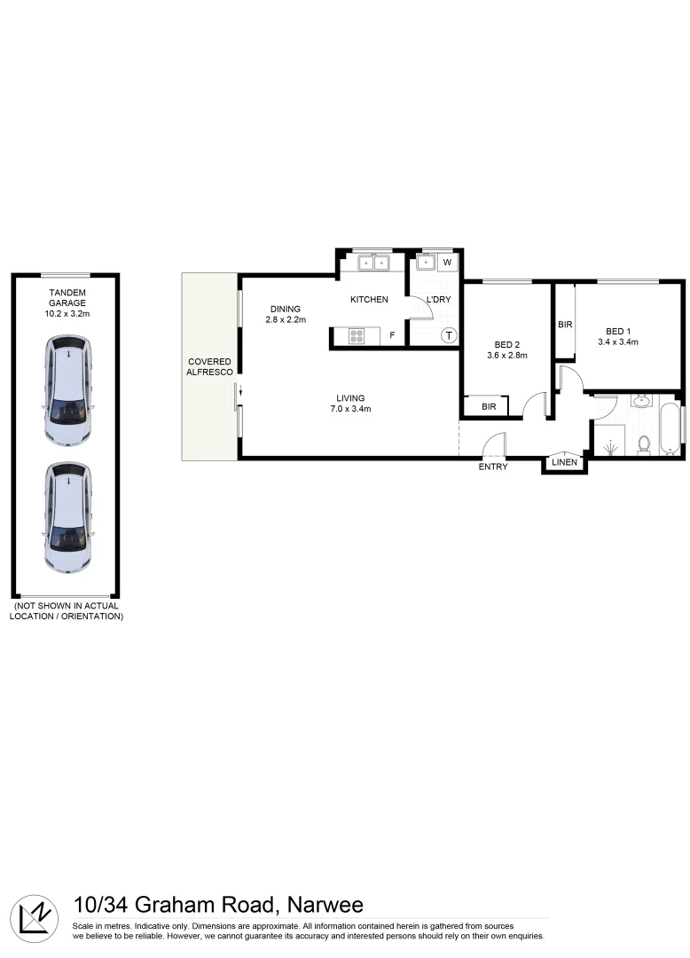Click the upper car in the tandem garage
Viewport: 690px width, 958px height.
(68, 390)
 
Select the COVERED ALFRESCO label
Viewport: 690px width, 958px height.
(209, 367)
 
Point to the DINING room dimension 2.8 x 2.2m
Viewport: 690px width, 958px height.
(286, 320)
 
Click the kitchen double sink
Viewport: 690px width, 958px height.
(374, 263)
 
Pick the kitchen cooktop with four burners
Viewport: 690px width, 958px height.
(356, 336)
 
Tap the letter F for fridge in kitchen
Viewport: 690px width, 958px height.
(391, 336)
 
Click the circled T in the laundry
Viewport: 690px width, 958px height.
(449, 335)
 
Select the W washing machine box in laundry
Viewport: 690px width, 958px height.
(447, 263)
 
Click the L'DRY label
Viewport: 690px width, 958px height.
(438, 300)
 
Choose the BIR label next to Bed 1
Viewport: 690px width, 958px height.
(565, 326)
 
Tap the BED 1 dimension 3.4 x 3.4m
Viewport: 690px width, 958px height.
(618, 342)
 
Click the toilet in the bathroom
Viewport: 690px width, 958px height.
(645, 444)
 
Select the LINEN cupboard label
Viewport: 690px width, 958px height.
(564, 462)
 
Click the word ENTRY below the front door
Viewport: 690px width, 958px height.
(493, 467)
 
